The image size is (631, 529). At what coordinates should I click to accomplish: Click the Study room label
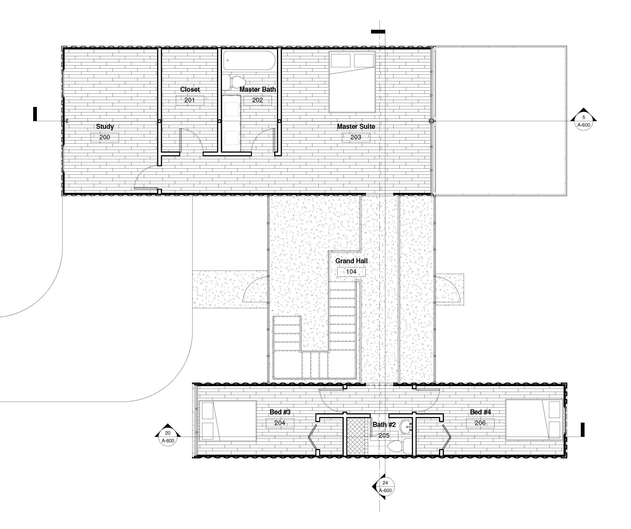[x=105, y=126]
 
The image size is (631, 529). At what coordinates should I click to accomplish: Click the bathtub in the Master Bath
[x=249, y=60]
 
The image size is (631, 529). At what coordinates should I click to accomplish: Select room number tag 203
[x=356, y=137]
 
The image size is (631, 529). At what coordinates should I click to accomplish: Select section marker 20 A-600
[x=168, y=436]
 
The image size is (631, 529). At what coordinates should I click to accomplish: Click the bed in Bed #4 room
[x=534, y=420]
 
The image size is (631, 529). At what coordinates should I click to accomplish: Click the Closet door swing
[x=192, y=140]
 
